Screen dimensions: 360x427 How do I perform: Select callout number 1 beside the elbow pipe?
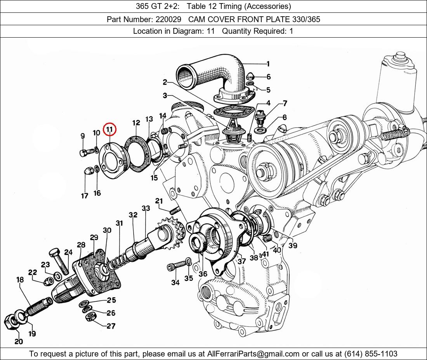(268, 64)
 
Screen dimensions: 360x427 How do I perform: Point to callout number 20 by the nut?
(19, 342)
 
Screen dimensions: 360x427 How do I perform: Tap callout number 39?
(293, 246)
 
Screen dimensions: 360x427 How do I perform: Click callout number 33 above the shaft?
(146, 209)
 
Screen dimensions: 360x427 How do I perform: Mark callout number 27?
(111, 326)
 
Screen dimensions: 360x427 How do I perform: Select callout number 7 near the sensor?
(285, 104)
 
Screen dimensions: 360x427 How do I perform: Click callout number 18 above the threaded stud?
(20, 280)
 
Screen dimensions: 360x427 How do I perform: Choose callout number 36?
(203, 273)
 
